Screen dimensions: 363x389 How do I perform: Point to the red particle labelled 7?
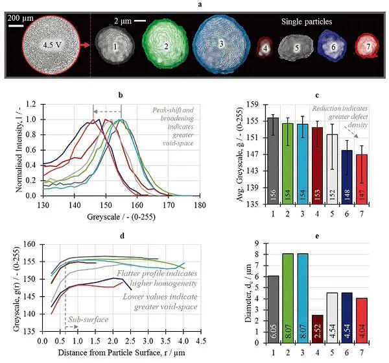[367, 47]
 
